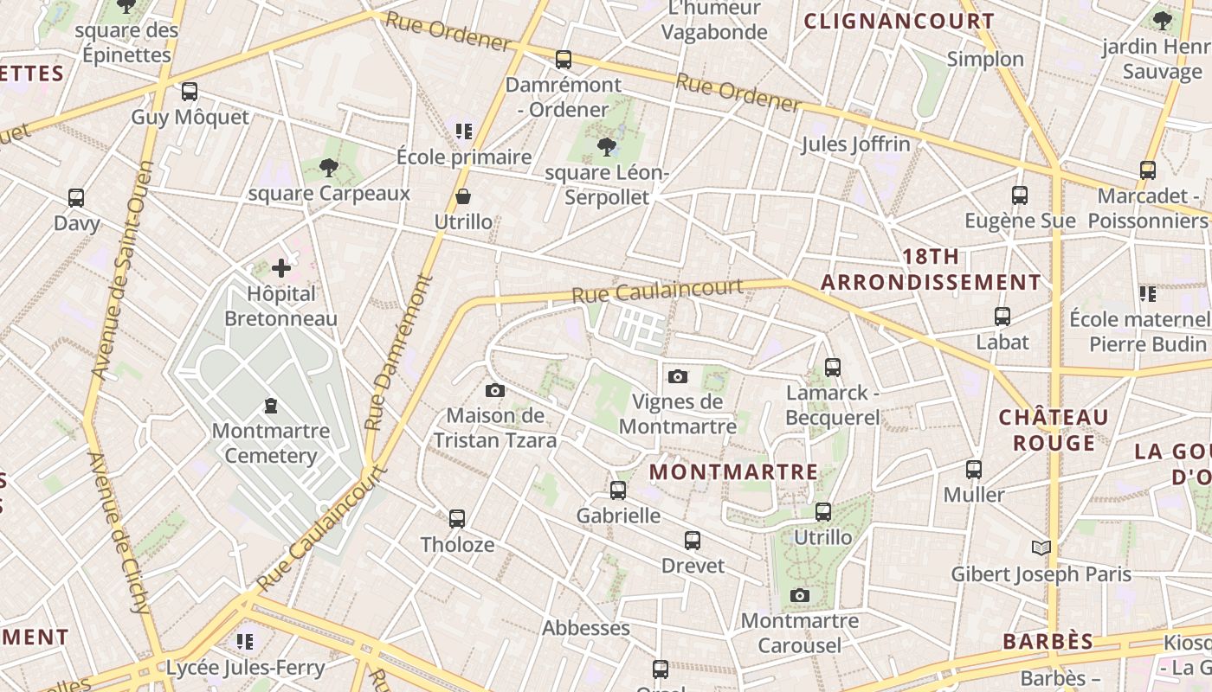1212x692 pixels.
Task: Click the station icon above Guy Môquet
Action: [190, 92]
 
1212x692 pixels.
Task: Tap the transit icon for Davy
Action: [76, 198]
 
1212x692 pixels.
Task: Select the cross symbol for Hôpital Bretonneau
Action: [281, 268]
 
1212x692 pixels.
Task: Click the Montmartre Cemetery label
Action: [271, 443]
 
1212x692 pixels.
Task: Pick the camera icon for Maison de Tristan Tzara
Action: [495, 390]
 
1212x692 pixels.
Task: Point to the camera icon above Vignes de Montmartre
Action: [678, 376]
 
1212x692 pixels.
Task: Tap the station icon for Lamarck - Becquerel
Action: [833, 368]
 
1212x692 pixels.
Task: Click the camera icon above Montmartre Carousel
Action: [800, 595]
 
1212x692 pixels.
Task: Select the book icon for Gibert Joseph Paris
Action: [1041, 548]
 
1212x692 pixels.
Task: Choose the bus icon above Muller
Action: [974, 470]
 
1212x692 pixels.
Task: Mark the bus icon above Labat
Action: [1002, 317]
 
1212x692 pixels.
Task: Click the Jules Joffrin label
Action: [855, 144]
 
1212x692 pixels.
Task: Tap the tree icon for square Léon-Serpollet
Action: [606, 147]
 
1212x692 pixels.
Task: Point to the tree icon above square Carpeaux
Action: [328, 168]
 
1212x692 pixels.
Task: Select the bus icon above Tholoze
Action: [457, 519]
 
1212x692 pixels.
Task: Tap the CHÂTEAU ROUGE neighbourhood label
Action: [1054, 430]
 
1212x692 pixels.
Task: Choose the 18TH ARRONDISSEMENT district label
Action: [931, 270]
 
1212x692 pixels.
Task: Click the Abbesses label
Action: [586, 628]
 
